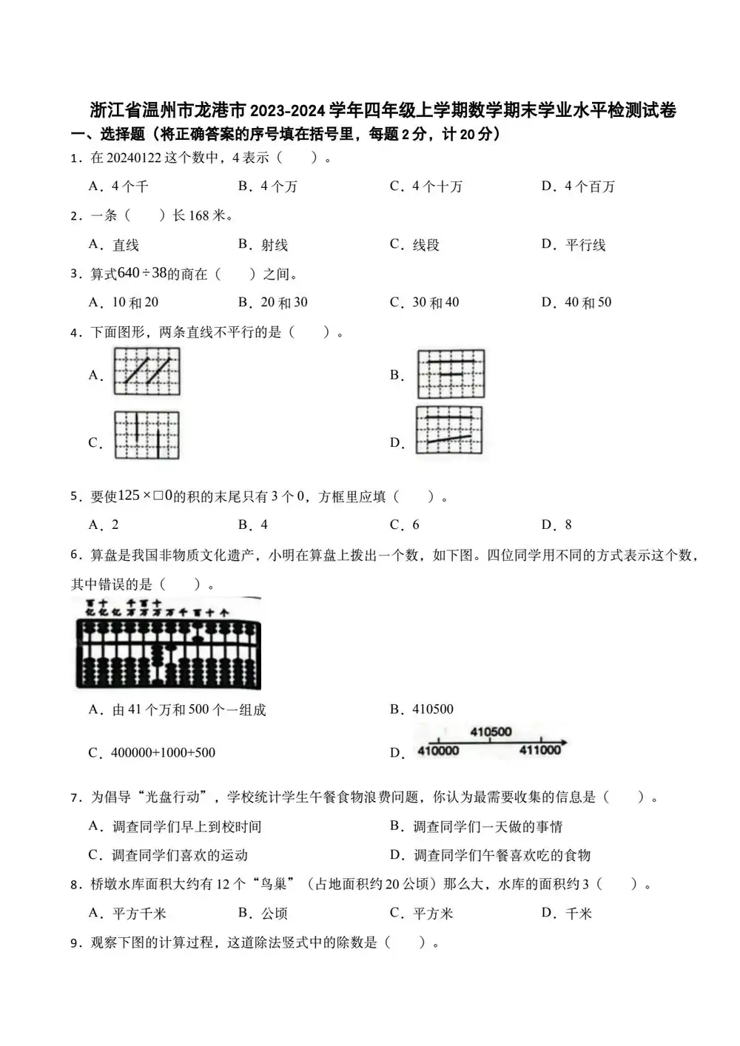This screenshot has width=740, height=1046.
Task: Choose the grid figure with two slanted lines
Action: click(147, 372)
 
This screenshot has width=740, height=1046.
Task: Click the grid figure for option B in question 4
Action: click(451, 374)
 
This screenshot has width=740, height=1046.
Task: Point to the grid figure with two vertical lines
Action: click(147, 435)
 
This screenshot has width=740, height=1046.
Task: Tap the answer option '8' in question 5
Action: click(568, 524)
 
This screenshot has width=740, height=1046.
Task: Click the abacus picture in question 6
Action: click(168, 642)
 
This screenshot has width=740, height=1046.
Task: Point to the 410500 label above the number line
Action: click(491, 732)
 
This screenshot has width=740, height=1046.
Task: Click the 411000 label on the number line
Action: click(539, 750)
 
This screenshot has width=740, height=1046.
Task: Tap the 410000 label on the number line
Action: click(438, 751)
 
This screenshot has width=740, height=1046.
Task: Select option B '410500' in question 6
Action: click(432, 709)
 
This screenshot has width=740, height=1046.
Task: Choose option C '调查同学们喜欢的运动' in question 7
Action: click(179, 855)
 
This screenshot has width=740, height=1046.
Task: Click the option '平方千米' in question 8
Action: click(139, 914)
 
